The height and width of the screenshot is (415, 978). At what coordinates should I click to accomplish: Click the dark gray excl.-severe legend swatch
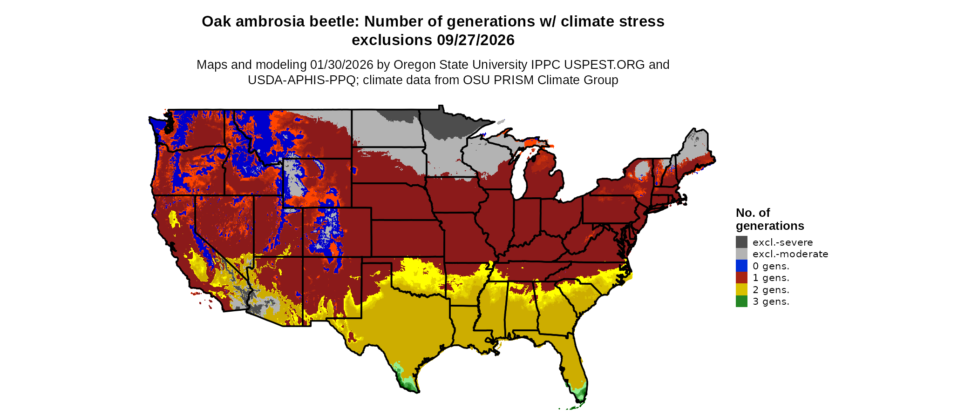[x=741, y=242]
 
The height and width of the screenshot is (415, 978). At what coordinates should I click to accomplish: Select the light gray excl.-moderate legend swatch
[x=741, y=254]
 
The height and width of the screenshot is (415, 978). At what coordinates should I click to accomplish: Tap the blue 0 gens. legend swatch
[x=741, y=266]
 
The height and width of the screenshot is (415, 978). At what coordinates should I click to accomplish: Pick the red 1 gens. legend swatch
[x=741, y=278]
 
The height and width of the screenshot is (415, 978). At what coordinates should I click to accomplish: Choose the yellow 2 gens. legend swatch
[x=741, y=289]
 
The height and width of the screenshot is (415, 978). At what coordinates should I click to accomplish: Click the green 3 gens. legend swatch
[x=741, y=301]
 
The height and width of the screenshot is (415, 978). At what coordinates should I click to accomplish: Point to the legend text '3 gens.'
[x=771, y=301]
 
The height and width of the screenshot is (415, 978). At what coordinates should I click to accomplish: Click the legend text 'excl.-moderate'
[x=790, y=254]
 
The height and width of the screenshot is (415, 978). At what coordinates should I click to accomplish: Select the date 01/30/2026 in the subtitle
[x=342, y=65]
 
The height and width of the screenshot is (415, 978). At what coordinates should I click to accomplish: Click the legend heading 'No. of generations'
[x=769, y=219]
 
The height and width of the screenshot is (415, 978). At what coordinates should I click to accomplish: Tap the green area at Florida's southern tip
[x=579, y=394]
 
